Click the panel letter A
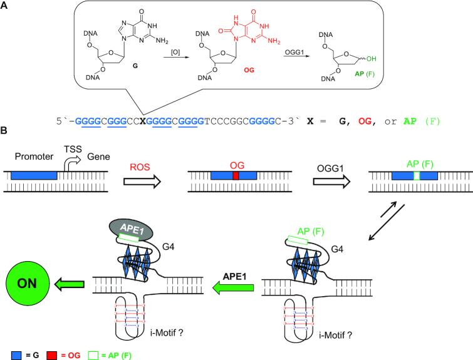coord(5,6)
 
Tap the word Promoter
coord(33,157)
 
